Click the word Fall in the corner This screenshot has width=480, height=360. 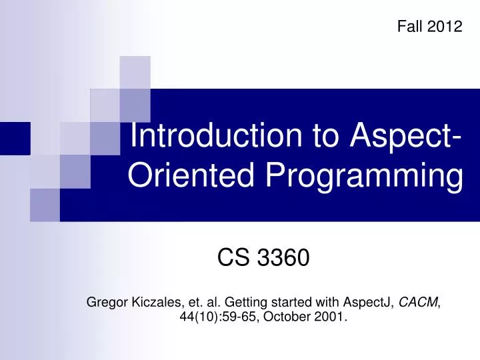409,26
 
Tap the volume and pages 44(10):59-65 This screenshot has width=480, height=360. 220,317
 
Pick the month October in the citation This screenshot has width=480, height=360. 286,317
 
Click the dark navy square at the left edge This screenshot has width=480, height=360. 15,139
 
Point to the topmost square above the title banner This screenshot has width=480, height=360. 135,71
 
